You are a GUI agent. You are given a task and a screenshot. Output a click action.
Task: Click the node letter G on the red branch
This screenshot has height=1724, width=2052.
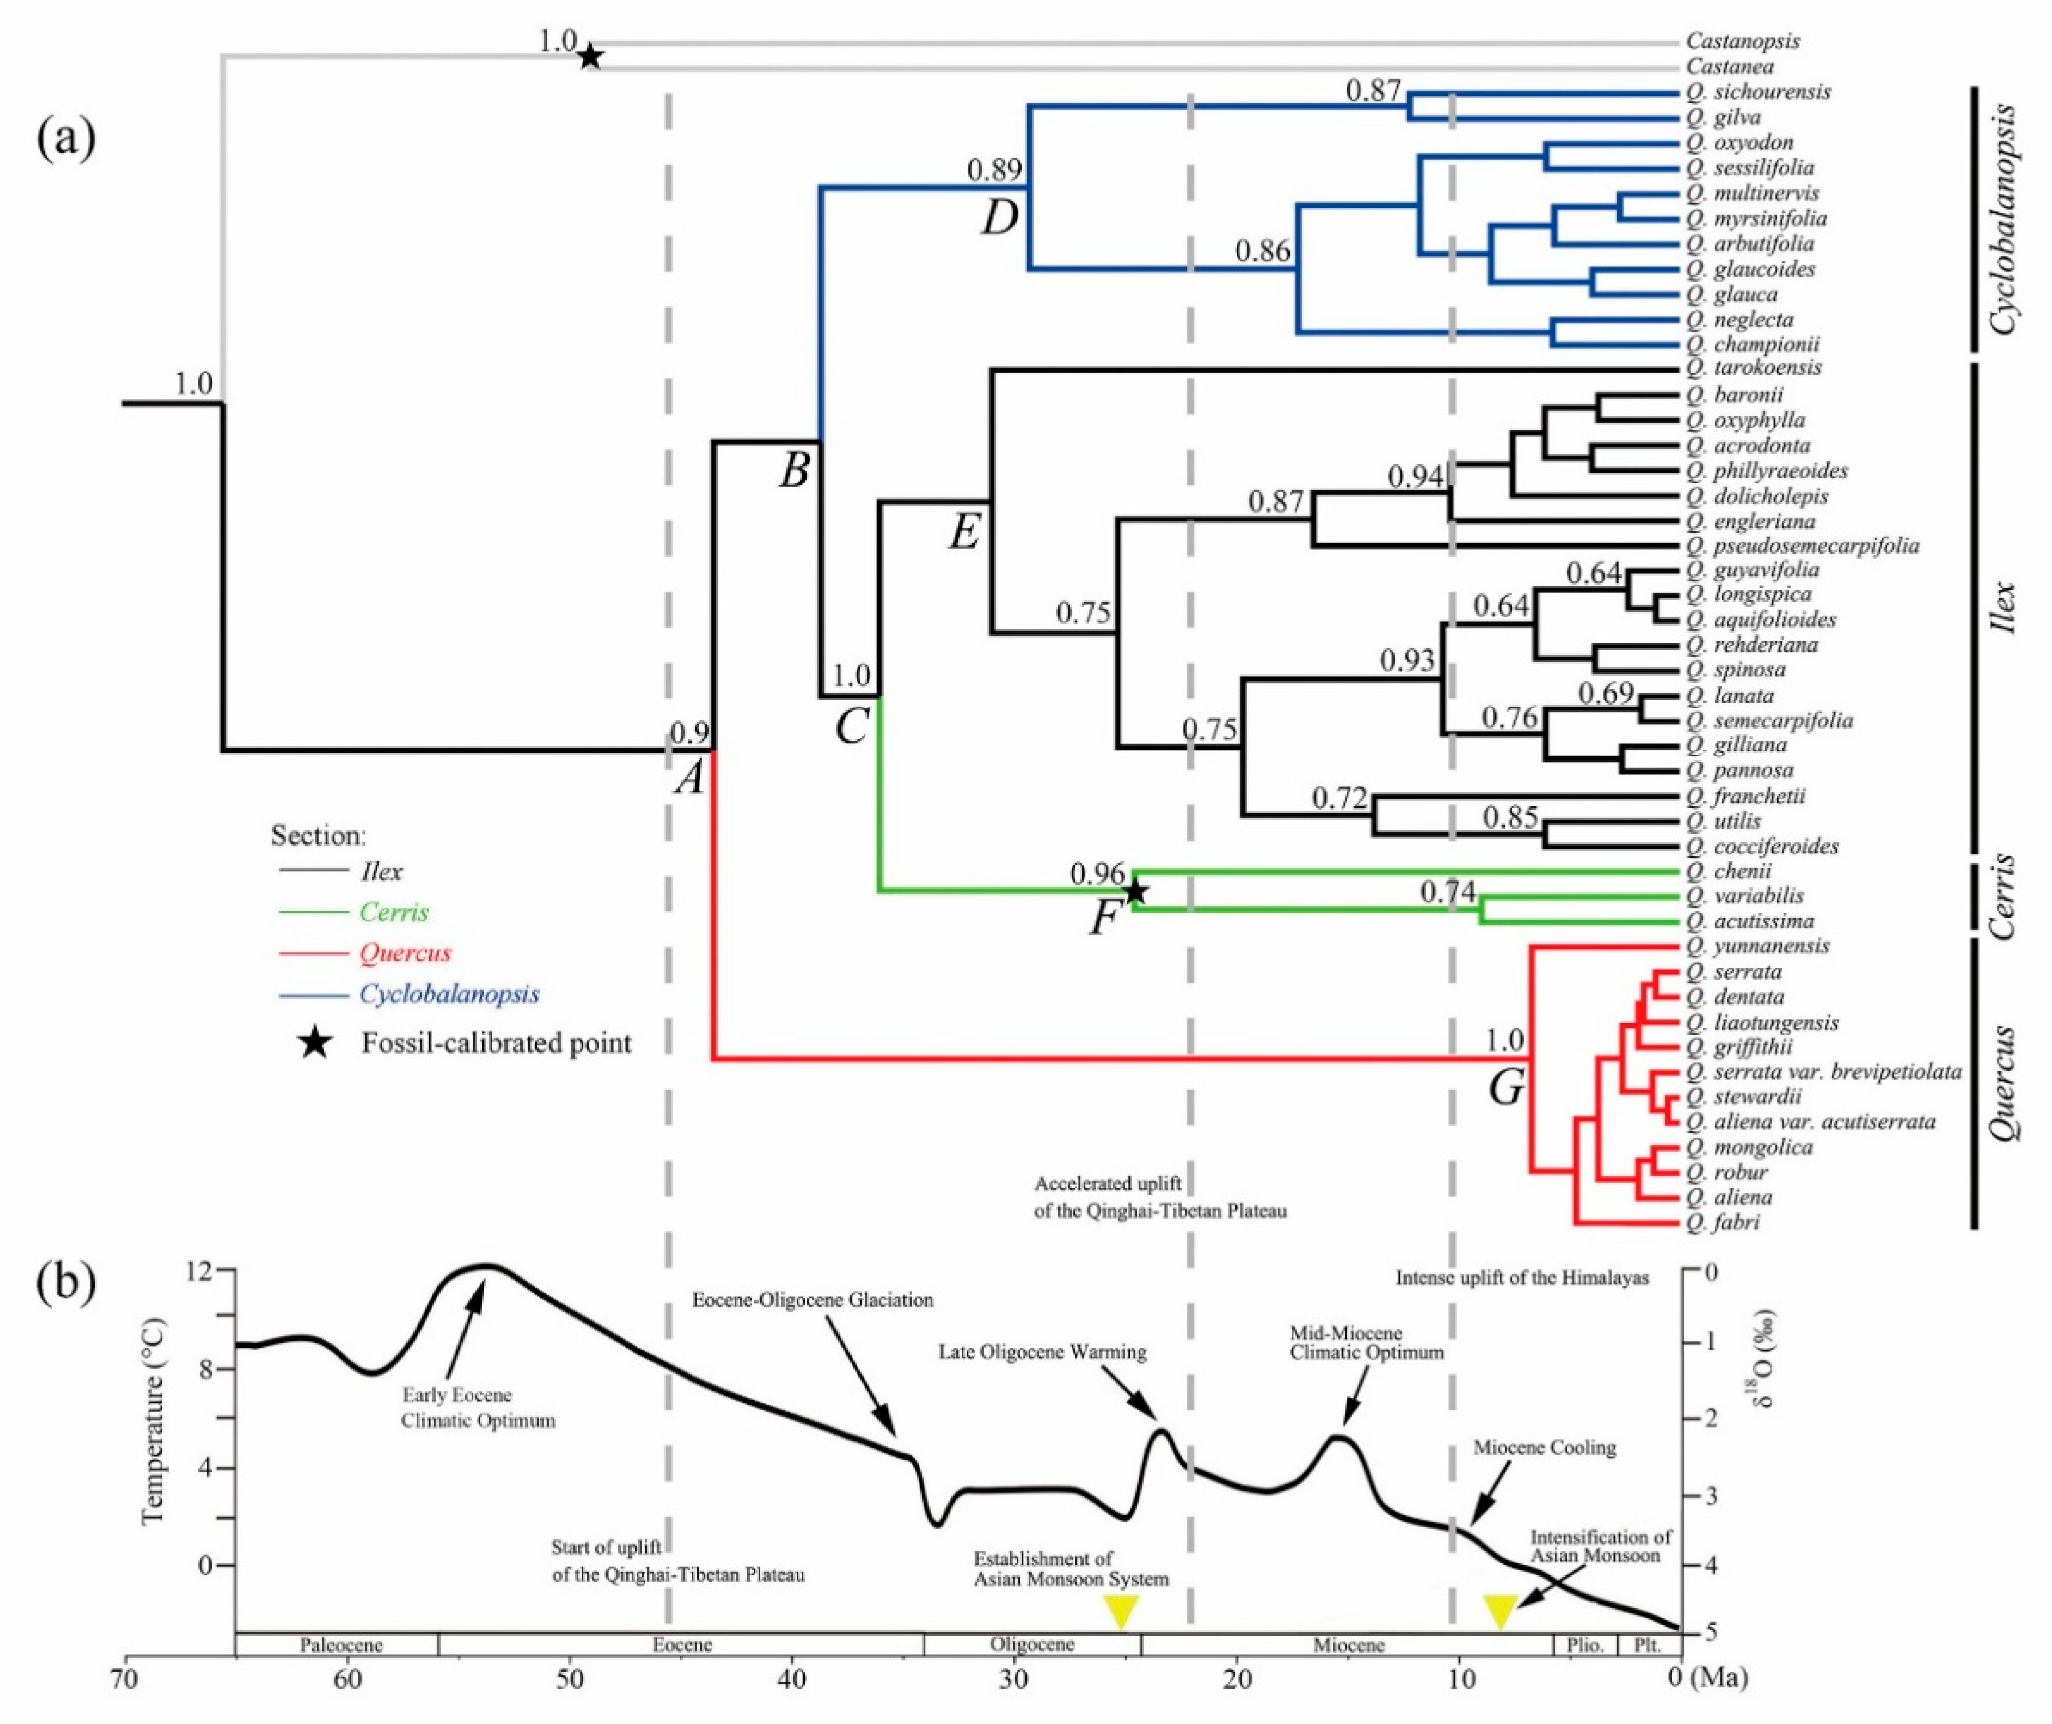[x=1506, y=1087]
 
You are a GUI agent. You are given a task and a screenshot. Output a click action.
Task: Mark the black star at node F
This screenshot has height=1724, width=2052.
[x=1134, y=891]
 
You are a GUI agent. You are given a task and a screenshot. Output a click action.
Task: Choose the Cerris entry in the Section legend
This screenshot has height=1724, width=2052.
[x=394, y=912]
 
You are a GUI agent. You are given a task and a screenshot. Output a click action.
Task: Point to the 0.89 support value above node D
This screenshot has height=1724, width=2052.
[x=995, y=170]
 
